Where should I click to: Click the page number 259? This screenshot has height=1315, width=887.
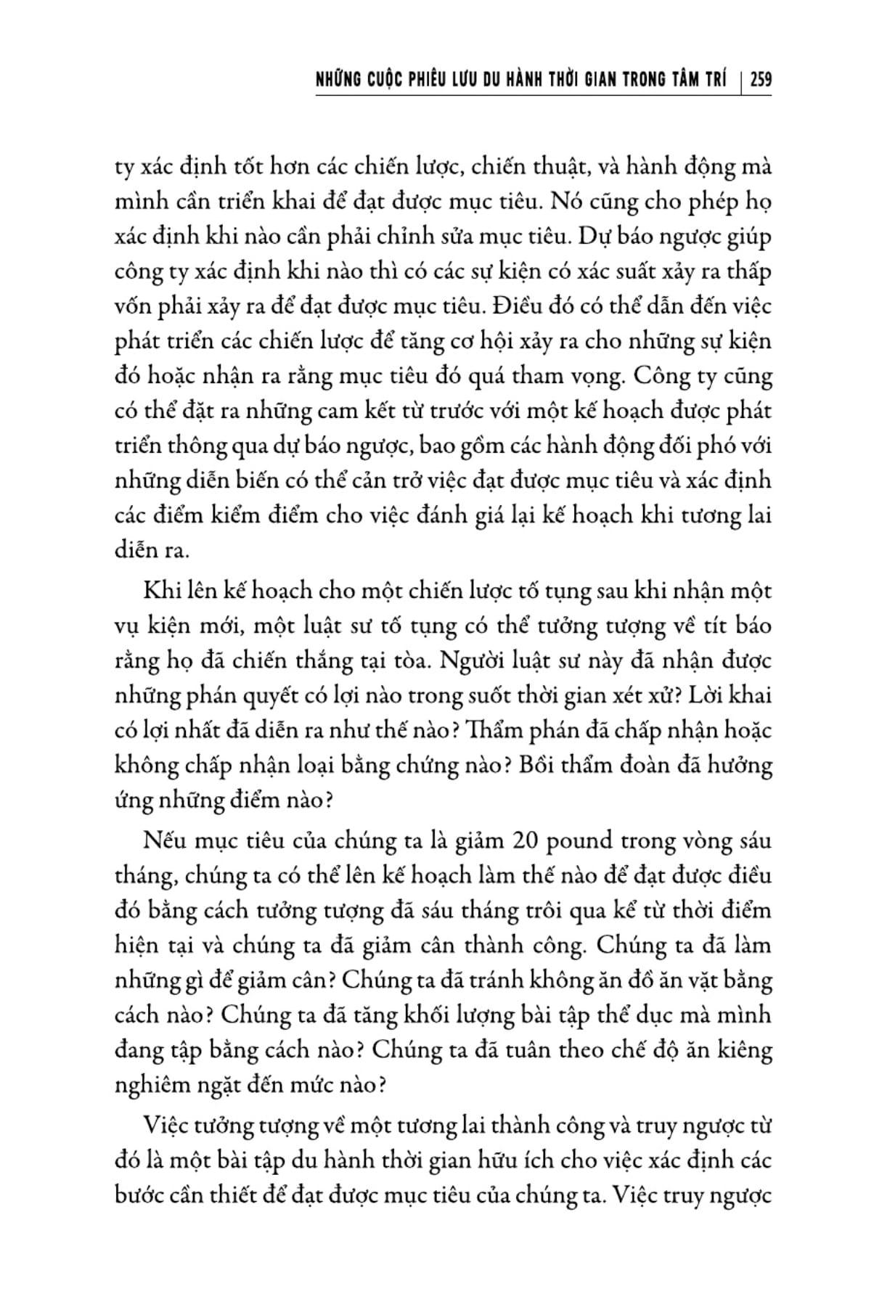(761, 79)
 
